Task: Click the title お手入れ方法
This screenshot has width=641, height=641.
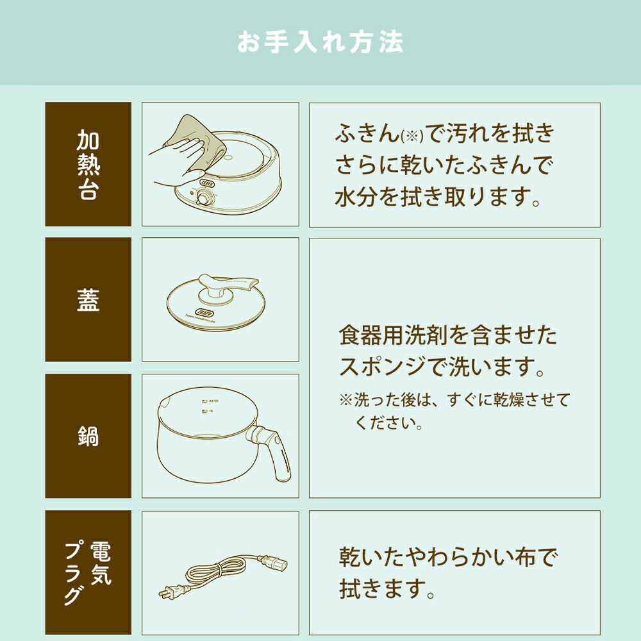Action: coord(320,42)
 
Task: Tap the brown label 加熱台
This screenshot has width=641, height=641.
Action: coord(88,164)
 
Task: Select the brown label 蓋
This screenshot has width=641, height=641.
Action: coord(88,299)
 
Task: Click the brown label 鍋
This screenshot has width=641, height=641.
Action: coord(88,436)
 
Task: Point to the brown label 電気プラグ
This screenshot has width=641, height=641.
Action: coord(88,572)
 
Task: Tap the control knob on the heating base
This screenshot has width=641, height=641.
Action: coord(201,199)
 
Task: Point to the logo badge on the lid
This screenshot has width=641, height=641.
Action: coord(205,312)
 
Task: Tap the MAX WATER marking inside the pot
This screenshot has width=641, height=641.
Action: coord(210,401)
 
